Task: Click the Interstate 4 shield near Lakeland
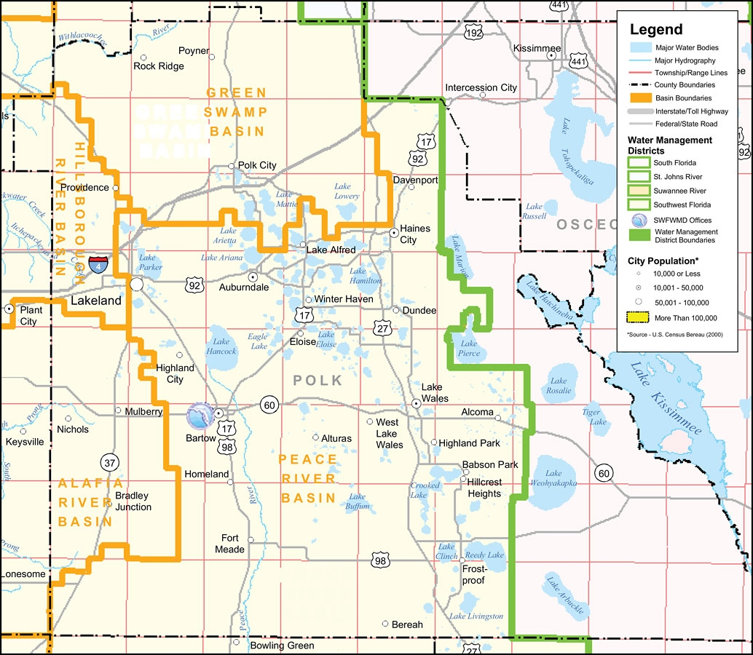click(x=98, y=264)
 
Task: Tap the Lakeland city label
click(x=95, y=301)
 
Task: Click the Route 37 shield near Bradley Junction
click(x=109, y=463)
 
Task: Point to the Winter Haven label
click(x=343, y=299)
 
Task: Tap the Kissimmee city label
click(x=537, y=48)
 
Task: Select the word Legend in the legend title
click(x=656, y=30)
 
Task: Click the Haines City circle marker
click(x=394, y=233)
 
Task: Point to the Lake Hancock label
click(x=221, y=346)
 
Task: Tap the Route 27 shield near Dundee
click(x=382, y=328)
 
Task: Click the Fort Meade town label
click(x=229, y=544)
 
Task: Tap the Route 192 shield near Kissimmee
click(x=473, y=33)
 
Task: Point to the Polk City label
click(x=257, y=165)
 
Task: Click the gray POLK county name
click(x=318, y=380)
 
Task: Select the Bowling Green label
click(x=282, y=646)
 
